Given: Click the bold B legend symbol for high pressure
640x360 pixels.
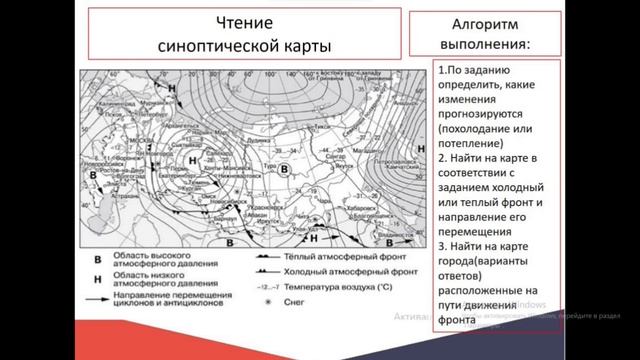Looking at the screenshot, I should tap(97, 258).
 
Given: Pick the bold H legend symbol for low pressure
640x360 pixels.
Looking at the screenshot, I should tap(97, 275).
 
